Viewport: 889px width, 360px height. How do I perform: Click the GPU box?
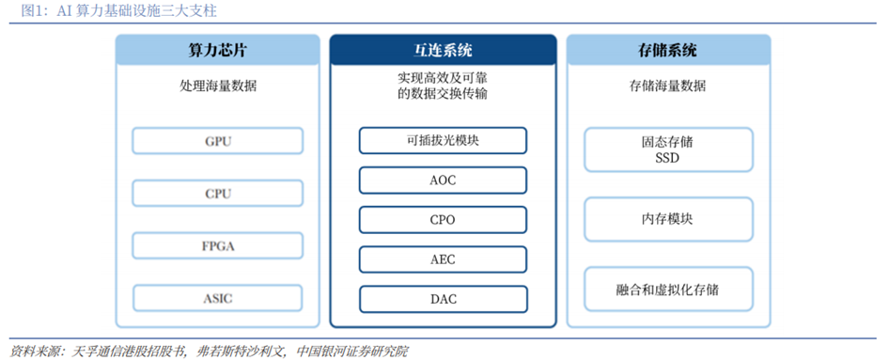click(x=218, y=141)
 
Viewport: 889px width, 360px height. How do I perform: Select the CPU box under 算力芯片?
click(x=218, y=194)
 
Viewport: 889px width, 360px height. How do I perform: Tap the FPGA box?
click(x=218, y=246)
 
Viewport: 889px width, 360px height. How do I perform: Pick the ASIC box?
click(x=218, y=298)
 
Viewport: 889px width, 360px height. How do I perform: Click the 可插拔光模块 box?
click(x=443, y=141)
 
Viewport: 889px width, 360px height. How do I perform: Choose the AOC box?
click(x=443, y=180)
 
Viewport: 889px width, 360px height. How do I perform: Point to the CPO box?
click(x=443, y=220)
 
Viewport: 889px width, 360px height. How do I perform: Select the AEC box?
click(x=443, y=259)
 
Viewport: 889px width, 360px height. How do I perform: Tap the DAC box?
click(x=443, y=299)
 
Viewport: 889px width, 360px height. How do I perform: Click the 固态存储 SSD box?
click(x=668, y=149)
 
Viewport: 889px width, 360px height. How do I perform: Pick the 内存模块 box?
click(x=668, y=219)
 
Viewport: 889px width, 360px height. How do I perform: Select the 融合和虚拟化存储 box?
click(x=668, y=290)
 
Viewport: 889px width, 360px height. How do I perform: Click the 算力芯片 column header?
click(x=218, y=50)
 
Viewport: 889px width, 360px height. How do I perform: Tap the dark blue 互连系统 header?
click(x=443, y=50)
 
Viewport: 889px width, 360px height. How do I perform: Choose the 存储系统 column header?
click(x=668, y=50)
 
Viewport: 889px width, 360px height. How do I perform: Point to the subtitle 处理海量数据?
click(x=218, y=86)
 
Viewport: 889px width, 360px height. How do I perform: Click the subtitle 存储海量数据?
click(x=668, y=86)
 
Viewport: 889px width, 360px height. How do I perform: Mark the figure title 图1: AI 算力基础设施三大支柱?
click(x=118, y=11)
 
